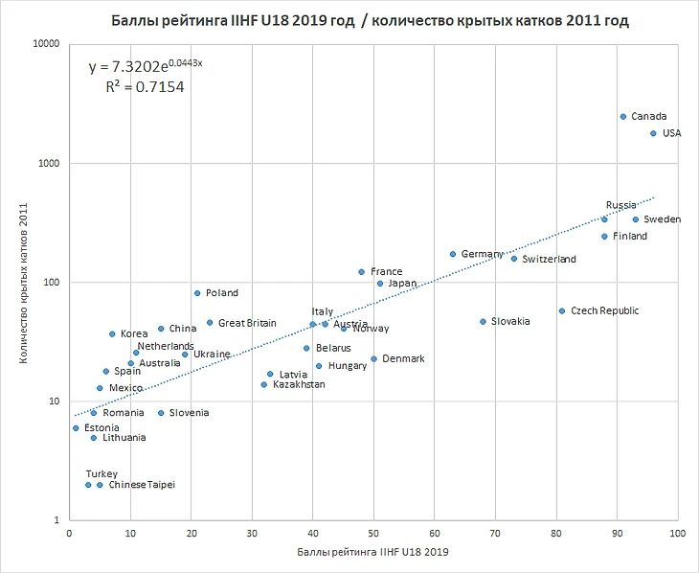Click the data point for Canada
coord(622,117)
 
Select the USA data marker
coord(653,133)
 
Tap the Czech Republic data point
coord(562,310)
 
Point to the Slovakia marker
coord(483,322)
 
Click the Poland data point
coord(197,293)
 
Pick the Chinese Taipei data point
coord(100,485)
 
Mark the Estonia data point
coord(76,428)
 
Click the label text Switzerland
coord(550,260)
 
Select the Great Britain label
coord(247,323)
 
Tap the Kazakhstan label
coord(299,384)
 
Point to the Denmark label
coord(403,359)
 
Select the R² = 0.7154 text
coord(145,87)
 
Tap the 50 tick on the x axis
coord(373,534)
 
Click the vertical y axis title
coord(21,281)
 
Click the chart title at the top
coord(370,20)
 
